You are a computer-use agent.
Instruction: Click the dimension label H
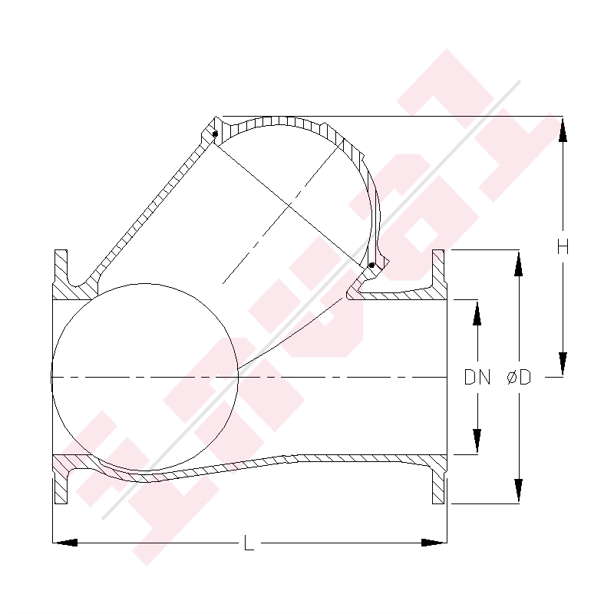[x=563, y=247]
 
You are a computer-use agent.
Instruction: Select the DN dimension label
[x=477, y=377]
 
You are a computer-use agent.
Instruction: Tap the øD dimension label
[x=519, y=377]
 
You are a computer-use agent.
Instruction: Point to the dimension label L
[x=249, y=543]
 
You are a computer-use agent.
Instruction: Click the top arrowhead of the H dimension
[x=563, y=129]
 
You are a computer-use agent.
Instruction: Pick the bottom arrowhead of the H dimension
[x=563, y=364]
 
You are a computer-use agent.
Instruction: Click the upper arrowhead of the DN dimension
[x=477, y=312]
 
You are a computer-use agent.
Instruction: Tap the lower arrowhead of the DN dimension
[x=477, y=441]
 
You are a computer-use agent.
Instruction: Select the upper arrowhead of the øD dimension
[x=519, y=262]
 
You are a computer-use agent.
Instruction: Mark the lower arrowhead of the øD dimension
[x=519, y=490]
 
